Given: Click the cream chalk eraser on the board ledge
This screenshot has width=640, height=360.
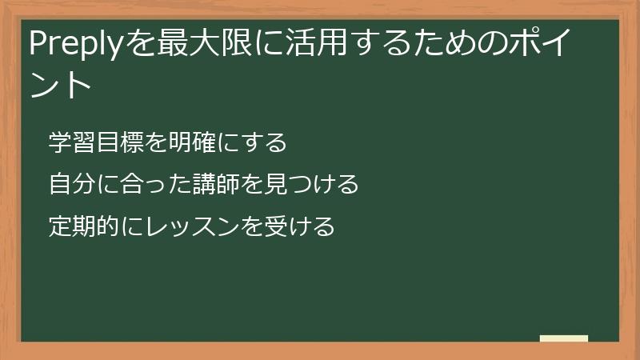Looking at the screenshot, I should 564,338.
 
